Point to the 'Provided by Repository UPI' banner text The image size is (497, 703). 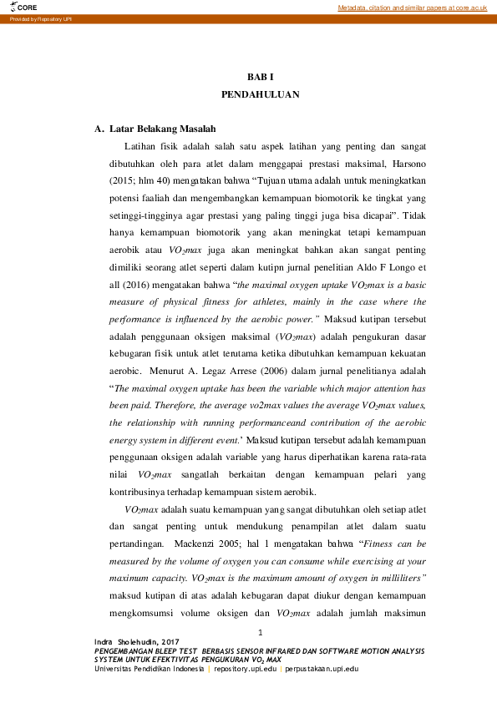pos(37,18)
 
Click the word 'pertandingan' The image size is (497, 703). pos(138,543)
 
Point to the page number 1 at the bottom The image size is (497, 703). pos(261,631)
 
